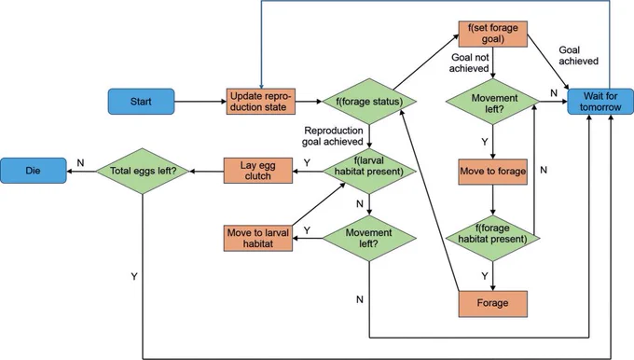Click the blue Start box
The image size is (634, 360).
coord(141,102)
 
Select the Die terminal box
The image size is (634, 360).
coord(34,171)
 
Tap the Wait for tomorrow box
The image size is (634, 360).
coord(600,102)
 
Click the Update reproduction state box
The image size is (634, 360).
coord(261,102)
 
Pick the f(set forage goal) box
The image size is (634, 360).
coord(493,34)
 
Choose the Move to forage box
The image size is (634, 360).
coord(493,172)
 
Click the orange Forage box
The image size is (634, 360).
coord(493,304)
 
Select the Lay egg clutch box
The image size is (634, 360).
coord(258,171)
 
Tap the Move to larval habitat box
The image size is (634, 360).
coord(258,238)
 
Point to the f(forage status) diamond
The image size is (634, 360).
coord(369,102)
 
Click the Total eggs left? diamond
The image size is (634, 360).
coord(143,171)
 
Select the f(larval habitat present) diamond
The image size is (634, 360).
coord(369,171)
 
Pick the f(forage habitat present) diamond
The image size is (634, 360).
coord(493,238)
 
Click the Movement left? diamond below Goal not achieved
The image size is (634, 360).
coord(493,102)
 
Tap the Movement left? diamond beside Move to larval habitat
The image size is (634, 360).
coord(369,238)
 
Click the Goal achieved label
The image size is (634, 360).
coord(578,55)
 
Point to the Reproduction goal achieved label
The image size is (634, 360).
coord(333,136)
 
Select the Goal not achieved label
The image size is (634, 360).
coord(469,62)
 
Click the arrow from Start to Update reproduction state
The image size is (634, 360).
coord(200,102)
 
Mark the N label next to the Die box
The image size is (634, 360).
coord(80,162)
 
